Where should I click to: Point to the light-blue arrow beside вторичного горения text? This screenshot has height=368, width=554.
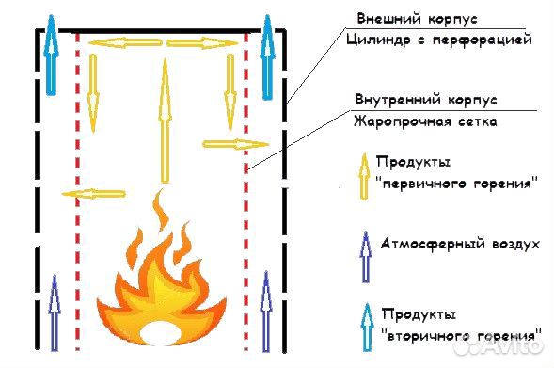click(366, 324)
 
